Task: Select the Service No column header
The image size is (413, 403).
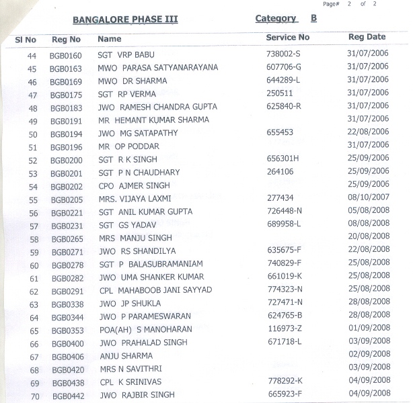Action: click(x=287, y=38)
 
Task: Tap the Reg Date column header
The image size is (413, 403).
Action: click(x=367, y=37)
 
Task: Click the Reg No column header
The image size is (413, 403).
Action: click(x=66, y=40)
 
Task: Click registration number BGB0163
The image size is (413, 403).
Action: click(x=66, y=69)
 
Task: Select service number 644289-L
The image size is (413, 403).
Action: click(x=283, y=80)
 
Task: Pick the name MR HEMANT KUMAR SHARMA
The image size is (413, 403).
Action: click(x=153, y=120)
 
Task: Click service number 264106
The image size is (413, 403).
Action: click(x=280, y=172)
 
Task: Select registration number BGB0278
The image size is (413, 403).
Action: click(x=67, y=265)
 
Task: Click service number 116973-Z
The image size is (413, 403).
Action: click(x=284, y=329)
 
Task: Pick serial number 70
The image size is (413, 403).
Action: click(x=33, y=396)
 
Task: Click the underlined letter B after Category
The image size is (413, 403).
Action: click(x=313, y=18)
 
